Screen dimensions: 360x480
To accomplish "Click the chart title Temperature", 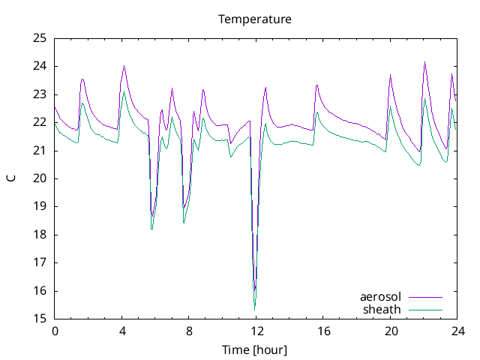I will (x=255, y=19).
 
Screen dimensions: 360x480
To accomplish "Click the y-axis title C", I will (x=11, y=178).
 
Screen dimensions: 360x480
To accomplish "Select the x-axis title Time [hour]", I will (x=255, y=350).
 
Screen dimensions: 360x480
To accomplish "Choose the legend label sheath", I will (x=382, y=309).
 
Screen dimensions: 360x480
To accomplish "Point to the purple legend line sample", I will (x=424, y=297).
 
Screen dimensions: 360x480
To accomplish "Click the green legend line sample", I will (x=424, y=309).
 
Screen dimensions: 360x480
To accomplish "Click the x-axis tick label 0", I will (x=55, y=331).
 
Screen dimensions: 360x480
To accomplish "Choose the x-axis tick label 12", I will (x=256, y=331).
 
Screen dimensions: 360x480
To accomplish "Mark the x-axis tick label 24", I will (x=458, y=331).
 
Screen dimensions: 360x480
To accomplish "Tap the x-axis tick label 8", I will (x=190, y=331).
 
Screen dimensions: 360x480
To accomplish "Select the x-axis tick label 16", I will (x=324, y=331).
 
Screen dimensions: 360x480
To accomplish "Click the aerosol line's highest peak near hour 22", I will (x=424, y=62).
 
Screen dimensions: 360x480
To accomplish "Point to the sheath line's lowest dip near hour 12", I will (x=255, y=309).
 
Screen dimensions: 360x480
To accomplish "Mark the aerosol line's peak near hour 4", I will (x=124, y=66).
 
